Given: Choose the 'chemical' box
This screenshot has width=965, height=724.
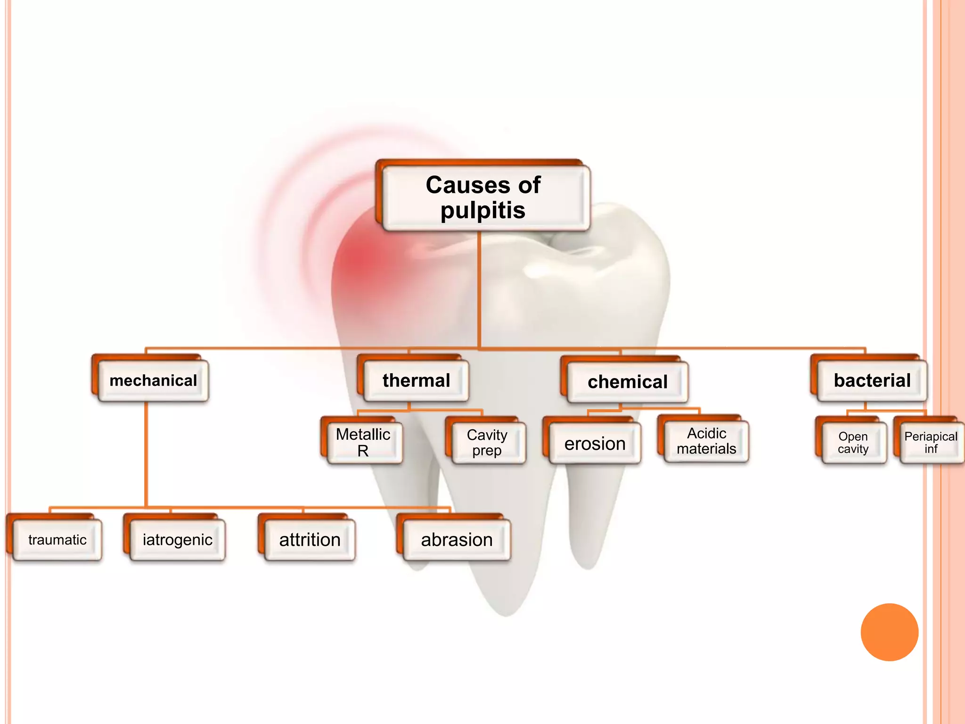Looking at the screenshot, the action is (x=627, y=382).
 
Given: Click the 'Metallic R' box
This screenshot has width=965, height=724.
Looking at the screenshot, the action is (x=363, y=442).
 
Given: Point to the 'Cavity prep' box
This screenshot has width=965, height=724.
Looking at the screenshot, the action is (x=487, y=442).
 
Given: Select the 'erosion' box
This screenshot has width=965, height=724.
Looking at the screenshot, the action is (x=595, y=444).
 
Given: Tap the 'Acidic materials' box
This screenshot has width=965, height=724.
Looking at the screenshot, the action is (x=706, y=441).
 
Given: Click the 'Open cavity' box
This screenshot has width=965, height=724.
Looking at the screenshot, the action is (x=853, y=443).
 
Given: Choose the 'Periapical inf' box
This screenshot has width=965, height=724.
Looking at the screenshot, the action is (x=931, y=443).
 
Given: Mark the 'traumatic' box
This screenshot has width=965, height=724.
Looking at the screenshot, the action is (x=57, y=540).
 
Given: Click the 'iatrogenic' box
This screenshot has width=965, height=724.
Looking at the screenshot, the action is (x=177, y=540).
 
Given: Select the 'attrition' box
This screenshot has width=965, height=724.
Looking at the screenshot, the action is (x=310, y=540).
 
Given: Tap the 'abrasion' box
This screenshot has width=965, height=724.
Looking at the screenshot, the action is (x=457, y=540).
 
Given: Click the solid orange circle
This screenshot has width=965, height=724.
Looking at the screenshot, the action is (x=889, y=632).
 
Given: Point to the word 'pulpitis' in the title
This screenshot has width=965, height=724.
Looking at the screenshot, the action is (x=483, y=211).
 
